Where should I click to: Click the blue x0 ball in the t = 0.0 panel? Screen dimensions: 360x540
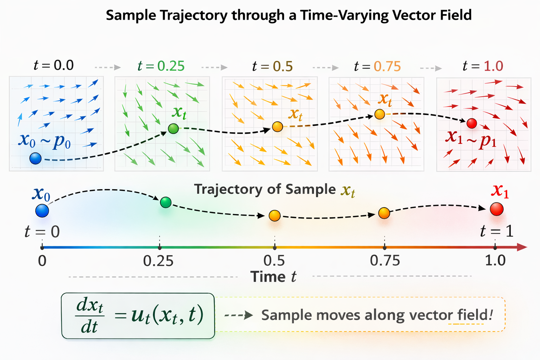(36, 159)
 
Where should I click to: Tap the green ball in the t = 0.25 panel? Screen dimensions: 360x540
(173, 129)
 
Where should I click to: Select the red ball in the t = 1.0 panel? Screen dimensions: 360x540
(471, 123)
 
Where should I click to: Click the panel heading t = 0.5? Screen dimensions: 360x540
(272, 66)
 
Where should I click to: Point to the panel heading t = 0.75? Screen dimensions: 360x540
(377, 66)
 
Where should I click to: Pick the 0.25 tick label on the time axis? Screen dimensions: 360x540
(159, 261)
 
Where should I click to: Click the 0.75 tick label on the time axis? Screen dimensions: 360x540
(385, 261)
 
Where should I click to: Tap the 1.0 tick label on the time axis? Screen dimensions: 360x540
(495, 261)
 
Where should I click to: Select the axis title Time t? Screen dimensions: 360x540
(274, 277)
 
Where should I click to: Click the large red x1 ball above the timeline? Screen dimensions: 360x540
(497, 209)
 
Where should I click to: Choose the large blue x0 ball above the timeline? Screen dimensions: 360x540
(42, 211)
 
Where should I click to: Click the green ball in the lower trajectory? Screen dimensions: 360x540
(166, 202)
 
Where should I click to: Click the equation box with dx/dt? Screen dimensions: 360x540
(138, 316)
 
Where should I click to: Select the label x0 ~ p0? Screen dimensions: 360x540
(45, 140)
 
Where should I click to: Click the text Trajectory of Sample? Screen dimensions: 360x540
(265, 189)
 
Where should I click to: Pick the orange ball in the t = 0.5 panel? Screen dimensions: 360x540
(277, 127)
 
